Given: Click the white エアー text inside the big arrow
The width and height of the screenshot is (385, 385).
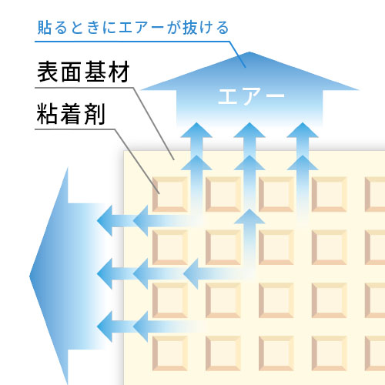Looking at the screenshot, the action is click(251, 96).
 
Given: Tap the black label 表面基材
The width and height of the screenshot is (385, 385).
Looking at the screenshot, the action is click(83, 72).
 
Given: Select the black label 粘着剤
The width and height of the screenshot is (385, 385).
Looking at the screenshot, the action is click(71, 114).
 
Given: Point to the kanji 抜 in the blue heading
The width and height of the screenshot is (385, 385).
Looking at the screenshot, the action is click(189, 28).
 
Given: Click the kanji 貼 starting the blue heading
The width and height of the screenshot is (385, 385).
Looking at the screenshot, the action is click(45, 28).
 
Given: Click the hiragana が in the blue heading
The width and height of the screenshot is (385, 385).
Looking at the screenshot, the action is click(174, 28).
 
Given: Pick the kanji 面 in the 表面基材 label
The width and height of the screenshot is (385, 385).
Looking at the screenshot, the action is click(72, 72).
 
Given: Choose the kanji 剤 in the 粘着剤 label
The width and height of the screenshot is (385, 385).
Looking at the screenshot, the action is click(95, 114).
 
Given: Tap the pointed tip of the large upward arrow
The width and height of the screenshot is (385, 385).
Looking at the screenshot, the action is click(249, 52).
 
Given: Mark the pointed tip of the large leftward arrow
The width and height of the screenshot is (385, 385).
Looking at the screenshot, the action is click(30, 276).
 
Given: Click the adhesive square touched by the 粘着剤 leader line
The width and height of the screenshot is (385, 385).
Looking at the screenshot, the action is click(170, 194).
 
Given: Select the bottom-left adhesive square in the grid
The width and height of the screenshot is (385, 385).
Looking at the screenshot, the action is click(170, 353).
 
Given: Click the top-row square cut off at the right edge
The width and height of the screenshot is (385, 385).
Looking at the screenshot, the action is click(375, 194).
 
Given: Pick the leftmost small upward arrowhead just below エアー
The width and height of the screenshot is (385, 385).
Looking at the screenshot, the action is click(196, 130).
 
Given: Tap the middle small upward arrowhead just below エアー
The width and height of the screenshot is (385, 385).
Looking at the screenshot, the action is click(249, 130).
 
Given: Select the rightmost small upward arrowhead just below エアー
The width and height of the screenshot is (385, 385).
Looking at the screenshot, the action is click(303, 130).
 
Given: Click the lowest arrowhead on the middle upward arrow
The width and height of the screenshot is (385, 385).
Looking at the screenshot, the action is click(249, 216).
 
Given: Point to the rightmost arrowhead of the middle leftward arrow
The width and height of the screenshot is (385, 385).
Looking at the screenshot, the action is click(191, 273).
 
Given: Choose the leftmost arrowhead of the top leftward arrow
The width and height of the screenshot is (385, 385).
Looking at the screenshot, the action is click(105, 220).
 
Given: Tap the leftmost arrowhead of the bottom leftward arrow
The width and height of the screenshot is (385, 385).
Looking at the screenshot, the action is click(105, 326).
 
